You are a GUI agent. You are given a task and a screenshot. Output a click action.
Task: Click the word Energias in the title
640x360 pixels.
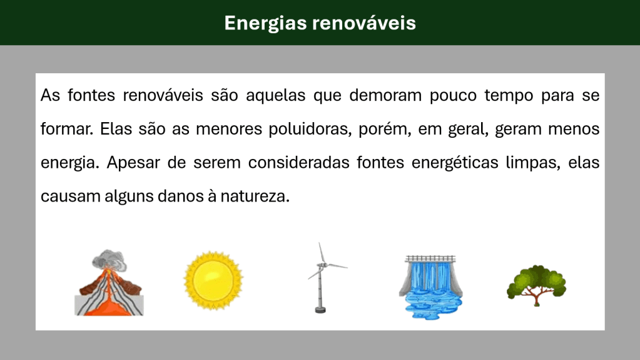265,24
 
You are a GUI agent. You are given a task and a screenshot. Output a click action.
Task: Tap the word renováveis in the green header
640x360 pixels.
364,23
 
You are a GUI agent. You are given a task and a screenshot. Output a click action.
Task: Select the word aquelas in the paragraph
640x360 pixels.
275,95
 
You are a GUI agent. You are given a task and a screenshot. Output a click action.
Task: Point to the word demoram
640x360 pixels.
385,95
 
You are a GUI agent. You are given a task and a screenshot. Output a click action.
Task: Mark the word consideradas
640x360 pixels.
299,163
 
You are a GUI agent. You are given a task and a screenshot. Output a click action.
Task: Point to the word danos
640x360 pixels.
179,197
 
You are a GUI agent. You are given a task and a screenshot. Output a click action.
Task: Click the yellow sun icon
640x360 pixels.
213,280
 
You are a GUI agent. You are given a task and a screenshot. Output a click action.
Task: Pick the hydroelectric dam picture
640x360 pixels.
430,287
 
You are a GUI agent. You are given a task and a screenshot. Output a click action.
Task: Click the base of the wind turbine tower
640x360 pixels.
320,310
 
